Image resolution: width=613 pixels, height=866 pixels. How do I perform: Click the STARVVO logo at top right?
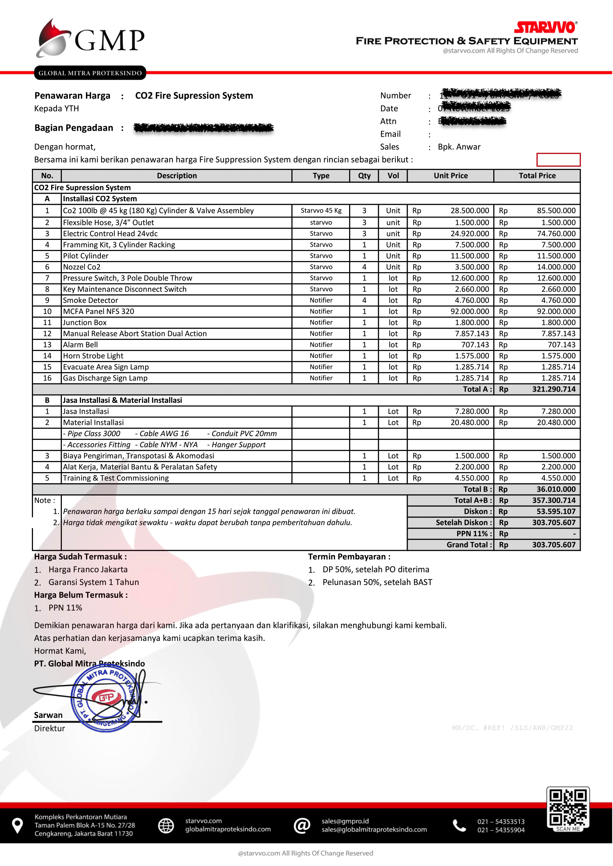pos(545,27)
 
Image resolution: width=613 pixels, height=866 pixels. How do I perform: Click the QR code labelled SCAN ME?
pos(568,809)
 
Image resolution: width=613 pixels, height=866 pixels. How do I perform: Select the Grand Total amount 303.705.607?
pos(553,545)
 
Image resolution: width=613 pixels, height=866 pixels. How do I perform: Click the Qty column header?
pos(364,176)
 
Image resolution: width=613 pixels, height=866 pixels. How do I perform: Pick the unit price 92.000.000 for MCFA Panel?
pos(470,311)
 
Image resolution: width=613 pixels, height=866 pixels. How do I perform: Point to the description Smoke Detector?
pos(90,300)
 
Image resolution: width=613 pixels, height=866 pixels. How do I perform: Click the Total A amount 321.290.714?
pos(553,389)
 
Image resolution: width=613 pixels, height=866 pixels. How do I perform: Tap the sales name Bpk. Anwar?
pos(459,147)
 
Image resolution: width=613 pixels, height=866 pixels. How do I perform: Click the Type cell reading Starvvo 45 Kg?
pos(321,211)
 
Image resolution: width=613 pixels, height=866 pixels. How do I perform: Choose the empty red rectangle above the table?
pos(558,160)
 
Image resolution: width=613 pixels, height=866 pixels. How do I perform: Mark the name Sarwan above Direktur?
pos(48,715)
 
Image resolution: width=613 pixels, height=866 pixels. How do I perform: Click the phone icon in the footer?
pos(459,826)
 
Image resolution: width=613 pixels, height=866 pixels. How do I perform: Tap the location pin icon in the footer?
pos(17,826)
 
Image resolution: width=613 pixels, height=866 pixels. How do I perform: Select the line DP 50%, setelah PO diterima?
pos(375,569)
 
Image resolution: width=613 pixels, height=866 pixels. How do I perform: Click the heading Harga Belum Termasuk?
pos(81,595)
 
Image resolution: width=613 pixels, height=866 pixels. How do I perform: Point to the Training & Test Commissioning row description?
pos(116,478)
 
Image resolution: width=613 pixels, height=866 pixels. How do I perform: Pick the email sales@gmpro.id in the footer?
pos(345,821)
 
